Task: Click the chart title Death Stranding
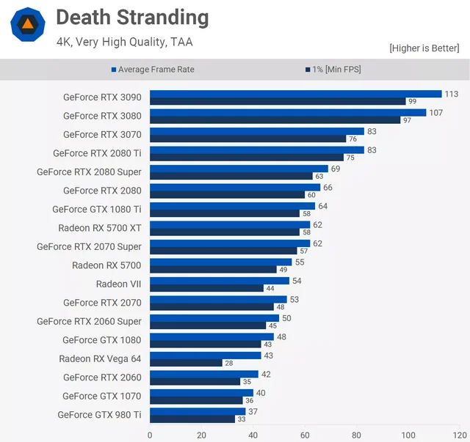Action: click(x=132, y=18)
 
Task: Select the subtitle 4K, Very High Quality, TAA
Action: click(x=124, y=42)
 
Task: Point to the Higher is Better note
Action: click(x=424, y=48)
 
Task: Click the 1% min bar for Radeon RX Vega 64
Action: click(x=186, y=363)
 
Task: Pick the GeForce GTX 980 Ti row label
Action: click(x=99, y=415)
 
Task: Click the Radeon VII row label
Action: click(x=118, y=284)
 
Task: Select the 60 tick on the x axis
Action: click(x=305, y=435)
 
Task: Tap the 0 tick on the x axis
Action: click(x=150, y=435)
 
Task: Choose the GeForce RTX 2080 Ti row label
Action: click(x=97, y=153)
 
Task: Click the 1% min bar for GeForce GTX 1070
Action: click(x=196, y=400)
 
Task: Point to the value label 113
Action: click(x=452, y=94)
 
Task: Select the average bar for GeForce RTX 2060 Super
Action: click(x=214, y=318)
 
